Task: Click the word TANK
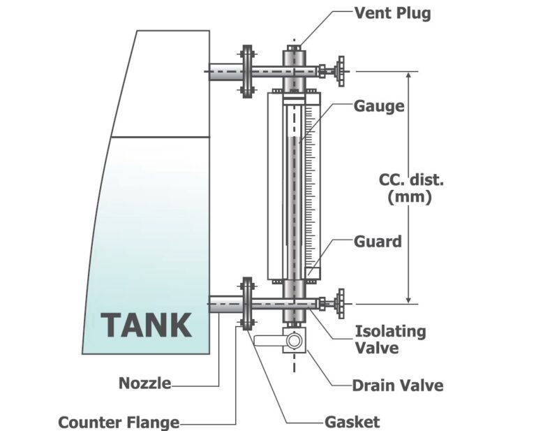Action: coord(146,325)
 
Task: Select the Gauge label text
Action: coord(379,106)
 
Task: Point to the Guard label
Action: coord(378,242)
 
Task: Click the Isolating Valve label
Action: coord(390,339)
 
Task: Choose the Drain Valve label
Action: coord(397,385)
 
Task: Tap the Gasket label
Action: coord(352,421)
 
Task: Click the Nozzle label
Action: coord(144,383)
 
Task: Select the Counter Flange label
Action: coord(119,422)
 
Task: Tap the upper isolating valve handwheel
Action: coord(341,71)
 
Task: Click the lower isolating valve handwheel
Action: coord(341,303)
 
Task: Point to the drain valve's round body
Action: coord(295,341)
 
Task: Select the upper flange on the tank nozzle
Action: coord(246,71)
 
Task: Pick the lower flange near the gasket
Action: coord(246,303)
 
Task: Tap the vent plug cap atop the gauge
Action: coord(294,49)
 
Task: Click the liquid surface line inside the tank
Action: coord(161,137)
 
